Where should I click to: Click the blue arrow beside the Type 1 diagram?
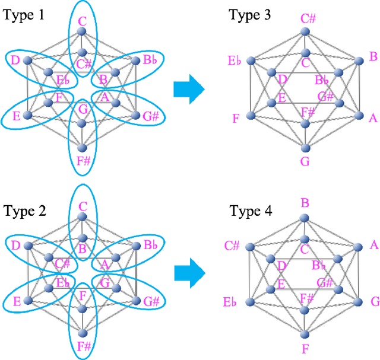tap(189, 90)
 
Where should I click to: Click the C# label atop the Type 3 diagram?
tap(308, 18)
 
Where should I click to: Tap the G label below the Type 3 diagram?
tap(305, 162)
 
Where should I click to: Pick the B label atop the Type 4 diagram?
tap(305, 203)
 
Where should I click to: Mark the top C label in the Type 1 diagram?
tap(83, 22)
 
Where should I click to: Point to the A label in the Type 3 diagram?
tap(373, 118)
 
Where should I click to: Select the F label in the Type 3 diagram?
tap(236, 118)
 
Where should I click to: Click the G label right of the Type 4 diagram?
tap(375, 302)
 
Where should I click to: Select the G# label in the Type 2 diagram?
tap(150, 301)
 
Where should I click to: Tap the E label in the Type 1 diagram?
tap(16, 116)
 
